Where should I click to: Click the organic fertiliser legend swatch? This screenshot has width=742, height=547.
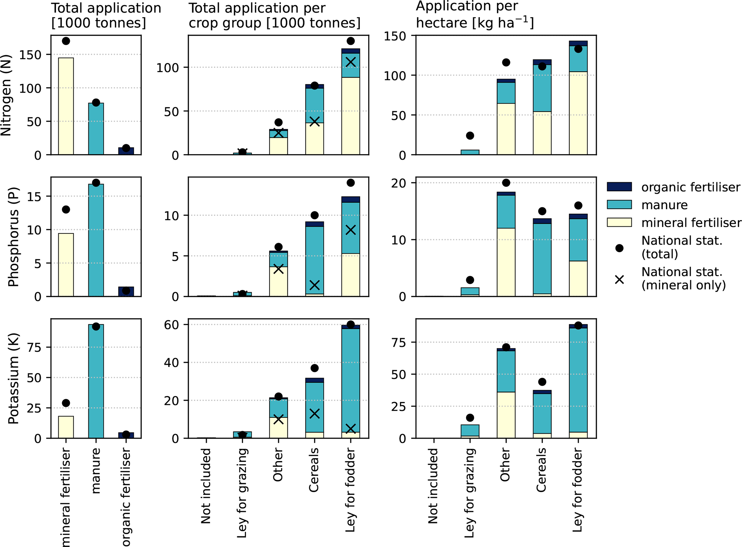click(x=619, y=187)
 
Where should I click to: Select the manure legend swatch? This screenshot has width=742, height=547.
click(x=619, y=205)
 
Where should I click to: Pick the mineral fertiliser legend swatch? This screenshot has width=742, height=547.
click(x=619, y=222)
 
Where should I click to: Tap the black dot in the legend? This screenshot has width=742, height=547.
click(x=619, y=248)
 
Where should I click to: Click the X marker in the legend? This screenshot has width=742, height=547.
click(x=619, y=279)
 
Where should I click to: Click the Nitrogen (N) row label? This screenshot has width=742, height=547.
click(x=6, y=95)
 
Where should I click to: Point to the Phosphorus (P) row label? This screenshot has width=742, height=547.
click(x=14, y=237)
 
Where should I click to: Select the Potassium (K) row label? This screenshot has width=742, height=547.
click(x=14, y=378)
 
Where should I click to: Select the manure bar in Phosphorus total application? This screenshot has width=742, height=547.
click(x=96, y=240)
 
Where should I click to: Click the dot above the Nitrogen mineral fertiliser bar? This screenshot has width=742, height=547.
click(x=66, y=41)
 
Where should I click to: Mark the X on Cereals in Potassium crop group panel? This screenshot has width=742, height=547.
click(x=314, y=414)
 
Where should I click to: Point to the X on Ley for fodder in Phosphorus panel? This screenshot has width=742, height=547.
click(x=351, y=230)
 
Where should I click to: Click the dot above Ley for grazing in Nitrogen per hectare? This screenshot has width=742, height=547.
click(x=470, y=136)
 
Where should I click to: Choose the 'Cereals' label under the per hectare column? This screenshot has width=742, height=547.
click(x=541, y=470)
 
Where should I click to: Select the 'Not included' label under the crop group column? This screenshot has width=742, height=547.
click(x=206, y=486)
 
